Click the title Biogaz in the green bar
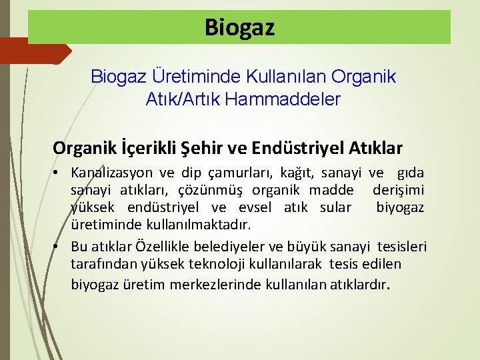click(239, 27)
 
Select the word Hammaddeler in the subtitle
click(283, 100)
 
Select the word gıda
click(409, 173)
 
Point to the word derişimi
click(398, 190)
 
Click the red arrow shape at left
click(33, 51)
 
